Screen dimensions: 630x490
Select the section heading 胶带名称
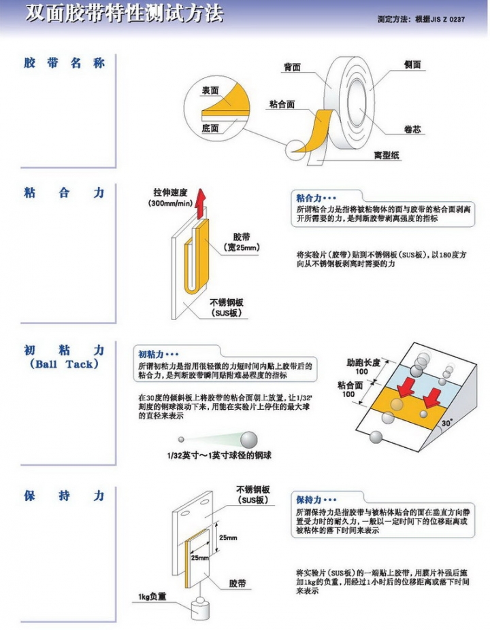[64, 63]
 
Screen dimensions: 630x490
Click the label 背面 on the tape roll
[292, 67]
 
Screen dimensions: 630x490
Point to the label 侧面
[412, 65]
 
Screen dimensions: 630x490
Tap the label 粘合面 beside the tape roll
[282, 104]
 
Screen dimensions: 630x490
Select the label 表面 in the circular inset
[210, 90]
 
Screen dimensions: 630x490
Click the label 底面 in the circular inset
[210, 128]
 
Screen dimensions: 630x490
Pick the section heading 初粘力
[64, 350]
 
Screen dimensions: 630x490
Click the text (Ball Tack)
[64, 364]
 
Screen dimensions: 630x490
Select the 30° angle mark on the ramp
[446, 422]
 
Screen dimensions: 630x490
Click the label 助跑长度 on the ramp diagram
[362, 363]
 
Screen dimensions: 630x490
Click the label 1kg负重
[152, 597]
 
